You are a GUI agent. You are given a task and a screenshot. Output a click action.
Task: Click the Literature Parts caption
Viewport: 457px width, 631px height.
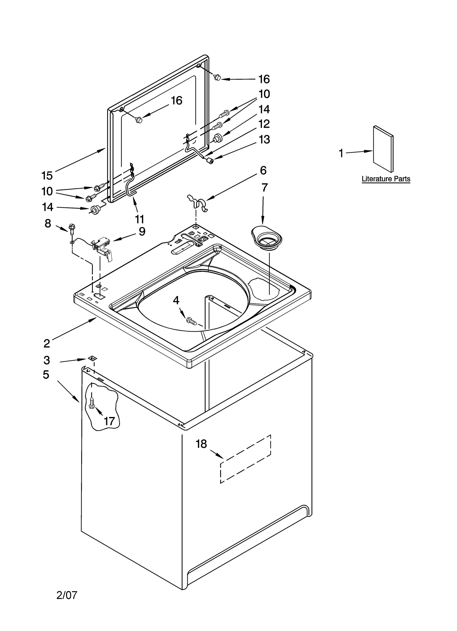click(x=386, y=179)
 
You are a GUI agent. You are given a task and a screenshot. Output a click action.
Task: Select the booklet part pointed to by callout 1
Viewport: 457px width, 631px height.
click(x=383, y=149)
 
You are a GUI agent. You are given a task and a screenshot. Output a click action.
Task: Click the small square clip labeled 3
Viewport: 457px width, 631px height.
click(x=92, y=358)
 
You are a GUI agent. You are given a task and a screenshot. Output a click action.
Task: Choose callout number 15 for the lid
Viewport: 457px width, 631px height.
click(x=47, y=175)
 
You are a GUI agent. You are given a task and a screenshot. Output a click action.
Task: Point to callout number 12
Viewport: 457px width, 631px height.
click(x=264, y=124)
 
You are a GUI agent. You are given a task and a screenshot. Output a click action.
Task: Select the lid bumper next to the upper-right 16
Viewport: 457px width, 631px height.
click(x=218, y=77)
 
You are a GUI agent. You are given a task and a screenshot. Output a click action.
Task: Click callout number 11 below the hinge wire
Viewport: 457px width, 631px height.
click(x=139, y=219)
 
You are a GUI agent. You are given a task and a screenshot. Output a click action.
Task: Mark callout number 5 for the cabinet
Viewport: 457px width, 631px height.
click(x=46, y=374)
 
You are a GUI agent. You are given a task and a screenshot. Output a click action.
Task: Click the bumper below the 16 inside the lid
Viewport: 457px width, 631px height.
click(x=139, y=120)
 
